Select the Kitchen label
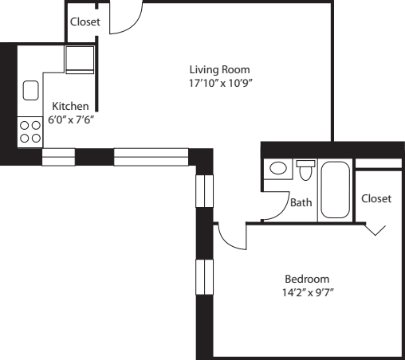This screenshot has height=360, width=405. pyautogui.click(x=70, y=106)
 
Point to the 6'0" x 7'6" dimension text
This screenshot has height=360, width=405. pyautogui.click(x=70, y=119)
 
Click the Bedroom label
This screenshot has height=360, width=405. pyautogui.click(x=307, y=279)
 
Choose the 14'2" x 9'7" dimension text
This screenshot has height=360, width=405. pyautogui.click(x=307, y=292)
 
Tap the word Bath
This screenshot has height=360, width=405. pyautogui.click(x=301, y=202)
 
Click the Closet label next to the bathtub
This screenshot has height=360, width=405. pyautogui.click(x=376, y=198)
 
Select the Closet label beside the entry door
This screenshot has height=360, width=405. pyautogui.click(x=85, y=22)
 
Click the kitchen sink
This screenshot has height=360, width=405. pyautogui.click(x=31, y=91)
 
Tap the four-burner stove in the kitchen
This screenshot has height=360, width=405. pyautogui.click(x=30, y=131)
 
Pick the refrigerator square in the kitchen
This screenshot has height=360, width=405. pyautogui.click(x=80, y=59)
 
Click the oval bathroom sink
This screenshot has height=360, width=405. pyautogui.click(x=279, y=169)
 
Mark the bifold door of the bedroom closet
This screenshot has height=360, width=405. pyautogui.click(x=376, y=229)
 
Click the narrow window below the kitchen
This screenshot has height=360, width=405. pyautogui.click(x=57, y=157)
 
